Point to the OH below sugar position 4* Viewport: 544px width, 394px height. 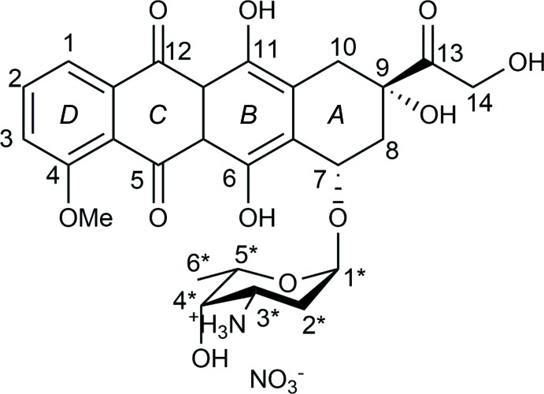[210, 360]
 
